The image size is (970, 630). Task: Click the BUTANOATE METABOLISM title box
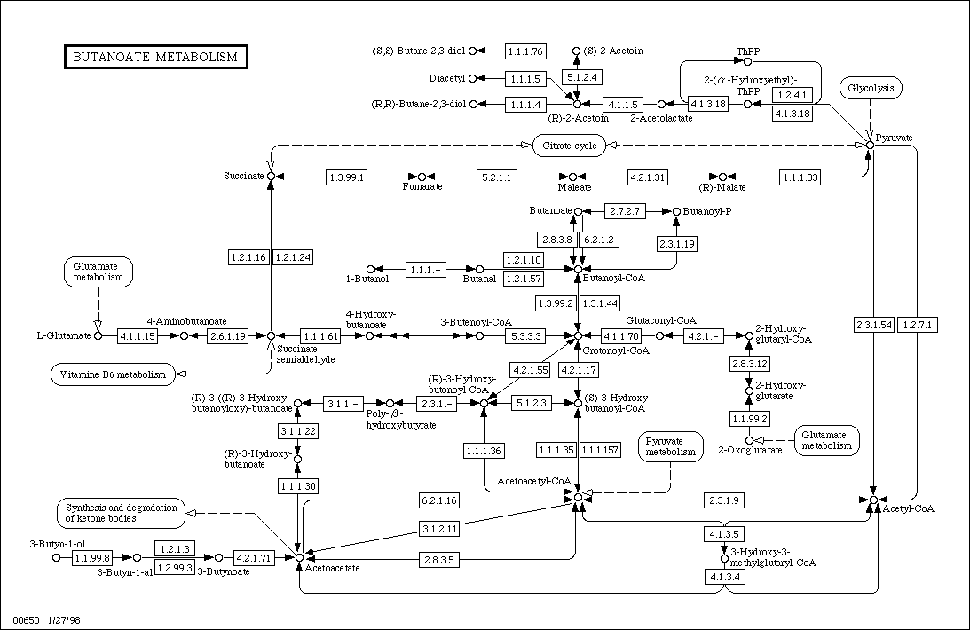click(156, 57)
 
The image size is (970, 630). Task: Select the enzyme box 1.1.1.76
click(525, 51)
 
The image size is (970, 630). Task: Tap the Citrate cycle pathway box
click(569, 146)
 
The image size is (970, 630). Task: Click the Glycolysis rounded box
click(871, 88)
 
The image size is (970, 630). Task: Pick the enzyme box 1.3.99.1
click(346, 177)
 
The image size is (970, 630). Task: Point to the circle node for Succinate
click(271, 177)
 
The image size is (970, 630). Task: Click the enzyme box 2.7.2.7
click(625, 211)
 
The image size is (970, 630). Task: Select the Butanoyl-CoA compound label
click(613, 279)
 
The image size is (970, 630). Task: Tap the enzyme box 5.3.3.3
click(525, 336)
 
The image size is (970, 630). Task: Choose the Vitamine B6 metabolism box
click(113, 374)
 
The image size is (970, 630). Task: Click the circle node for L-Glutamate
click(97, 335)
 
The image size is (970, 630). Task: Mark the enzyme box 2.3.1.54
click(874, 325)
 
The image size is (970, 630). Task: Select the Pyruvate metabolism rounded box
click(671, 446)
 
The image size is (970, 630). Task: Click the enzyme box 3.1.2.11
click(440, 529)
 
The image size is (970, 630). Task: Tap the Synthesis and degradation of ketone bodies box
click(122, 513)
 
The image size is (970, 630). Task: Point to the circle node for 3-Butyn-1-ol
click(56, 557)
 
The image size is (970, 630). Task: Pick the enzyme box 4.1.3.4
click(724, 578)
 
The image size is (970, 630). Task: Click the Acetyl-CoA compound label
click(908, 508)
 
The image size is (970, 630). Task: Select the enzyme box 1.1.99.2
click(750, 419)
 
